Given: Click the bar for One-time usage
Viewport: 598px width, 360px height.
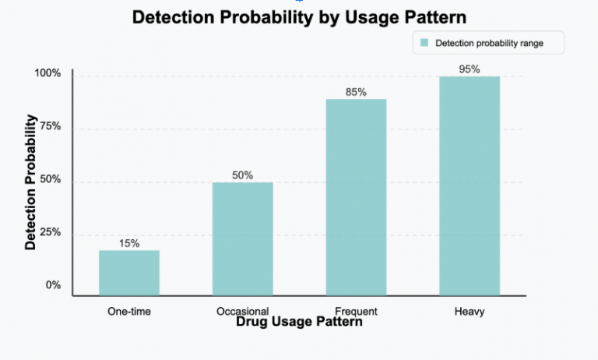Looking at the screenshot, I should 129,273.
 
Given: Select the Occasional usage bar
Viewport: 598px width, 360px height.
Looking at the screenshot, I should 243,238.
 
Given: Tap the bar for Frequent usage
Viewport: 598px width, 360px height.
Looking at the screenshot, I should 356,197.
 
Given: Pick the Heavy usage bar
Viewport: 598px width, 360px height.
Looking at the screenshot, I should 470,185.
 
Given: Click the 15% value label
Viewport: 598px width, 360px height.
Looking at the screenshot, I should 129,243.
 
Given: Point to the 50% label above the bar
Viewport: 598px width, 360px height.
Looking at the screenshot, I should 243,175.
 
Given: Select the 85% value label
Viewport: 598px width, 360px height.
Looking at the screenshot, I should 356,92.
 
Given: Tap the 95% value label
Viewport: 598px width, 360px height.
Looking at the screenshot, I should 470,69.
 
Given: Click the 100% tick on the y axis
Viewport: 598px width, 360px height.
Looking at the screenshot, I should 47,74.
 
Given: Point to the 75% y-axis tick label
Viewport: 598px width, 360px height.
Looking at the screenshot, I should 49,126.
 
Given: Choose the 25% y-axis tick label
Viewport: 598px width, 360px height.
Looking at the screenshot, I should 49,233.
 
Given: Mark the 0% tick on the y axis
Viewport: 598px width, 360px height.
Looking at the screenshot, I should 52,285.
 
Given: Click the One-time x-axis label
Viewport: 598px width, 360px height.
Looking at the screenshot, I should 129,312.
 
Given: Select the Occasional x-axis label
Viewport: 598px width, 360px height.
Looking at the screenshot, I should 243,311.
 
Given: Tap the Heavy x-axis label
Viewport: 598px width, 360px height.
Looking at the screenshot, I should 470,312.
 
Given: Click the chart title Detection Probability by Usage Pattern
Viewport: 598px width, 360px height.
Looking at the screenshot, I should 299,18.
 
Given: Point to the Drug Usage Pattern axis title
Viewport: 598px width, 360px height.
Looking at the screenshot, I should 299,321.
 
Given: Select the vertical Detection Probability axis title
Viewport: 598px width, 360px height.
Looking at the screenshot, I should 31,182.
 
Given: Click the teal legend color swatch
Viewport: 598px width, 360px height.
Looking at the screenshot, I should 424,43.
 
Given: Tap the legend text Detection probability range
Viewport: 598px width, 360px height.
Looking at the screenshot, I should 489,43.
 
